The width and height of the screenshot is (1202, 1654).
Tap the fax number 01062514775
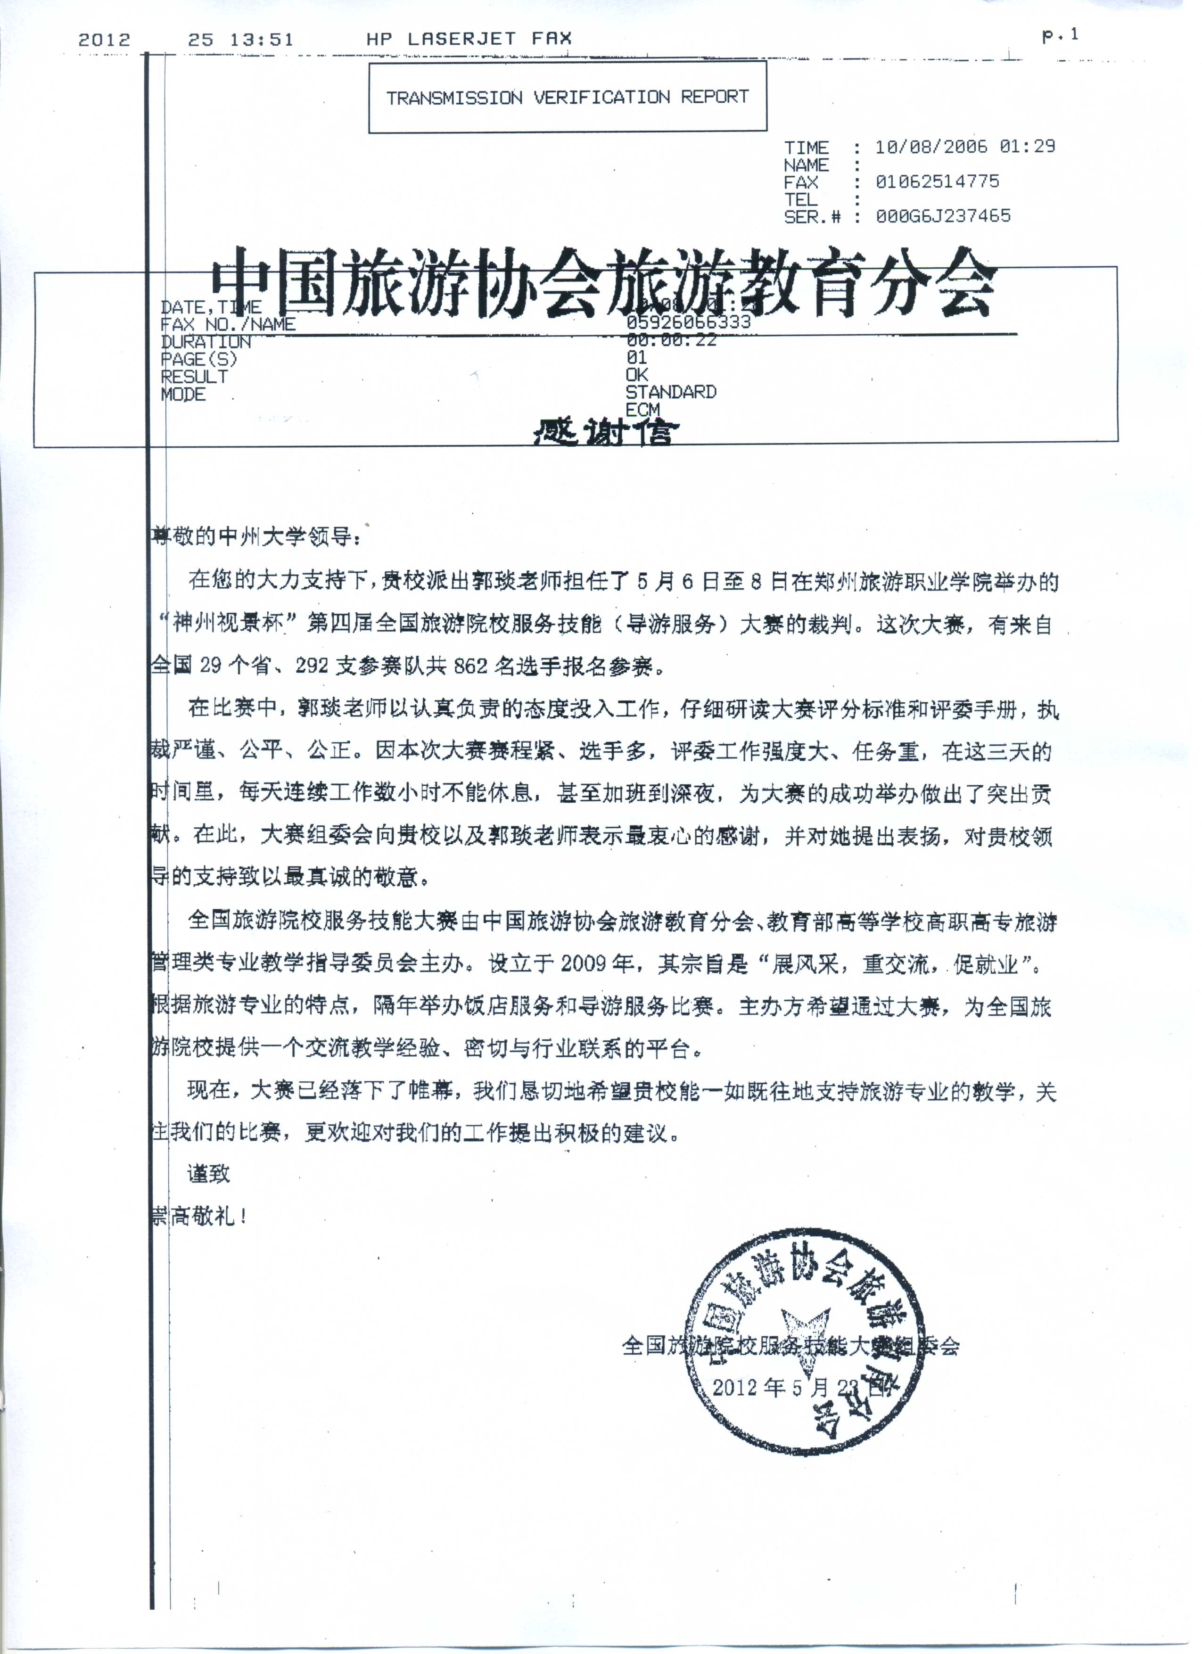[x=937, y=181]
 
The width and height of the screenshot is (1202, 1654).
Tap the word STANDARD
[x=670, y=392]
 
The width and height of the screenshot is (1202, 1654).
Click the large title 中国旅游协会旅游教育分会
[x=604, y=283]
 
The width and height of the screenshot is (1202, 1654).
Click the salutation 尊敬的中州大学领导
[x=253, y=537]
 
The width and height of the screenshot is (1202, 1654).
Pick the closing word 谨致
[x=209, y=1173]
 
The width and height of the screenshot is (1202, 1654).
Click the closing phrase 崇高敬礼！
[x=198, y=1216]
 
